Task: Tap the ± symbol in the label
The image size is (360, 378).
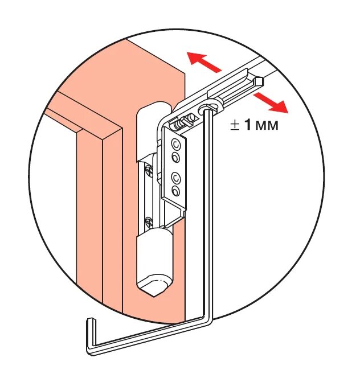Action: pos(235,126)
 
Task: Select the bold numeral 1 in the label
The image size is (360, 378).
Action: pos(248,125)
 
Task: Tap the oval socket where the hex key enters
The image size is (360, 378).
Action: pos(208,108)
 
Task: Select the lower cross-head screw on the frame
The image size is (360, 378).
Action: pos(149,221)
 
